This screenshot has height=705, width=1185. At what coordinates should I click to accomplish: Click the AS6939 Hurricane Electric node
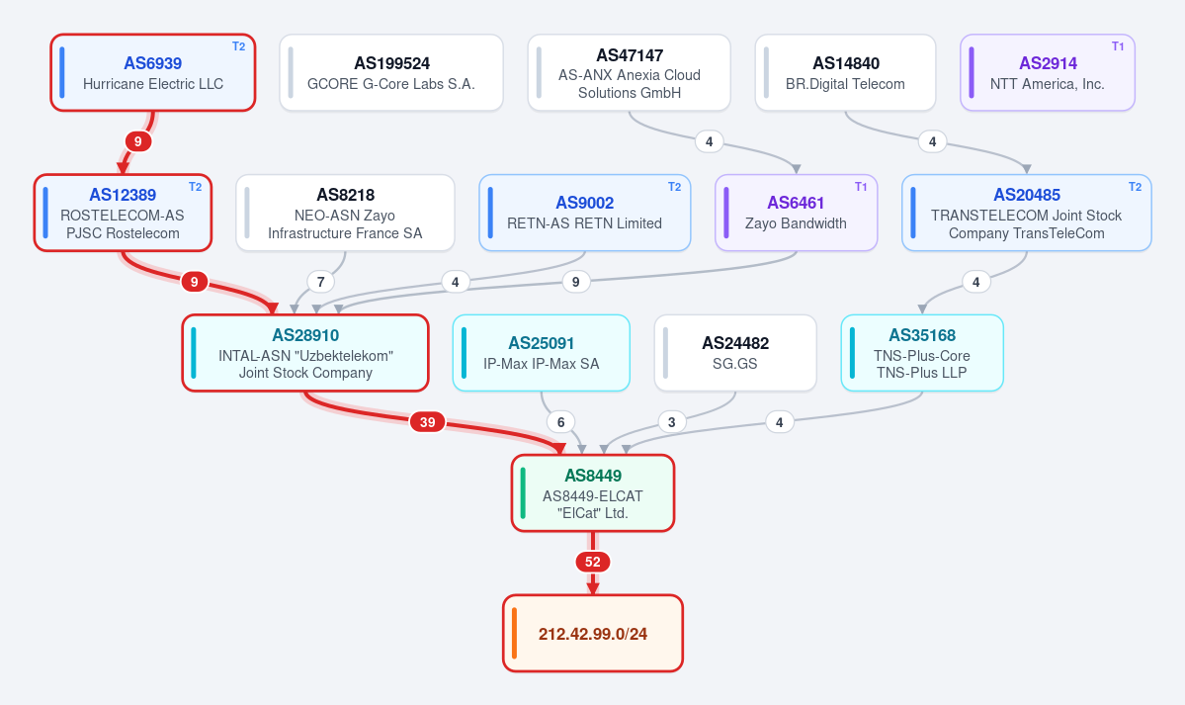(x=152, y=72)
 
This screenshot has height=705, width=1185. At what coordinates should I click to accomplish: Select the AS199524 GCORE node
(x=390, y=72)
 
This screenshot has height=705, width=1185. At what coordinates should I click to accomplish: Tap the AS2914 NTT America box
(x=1048, y=72)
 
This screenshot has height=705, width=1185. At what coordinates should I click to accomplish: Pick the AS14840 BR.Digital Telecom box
(x=845, y=72)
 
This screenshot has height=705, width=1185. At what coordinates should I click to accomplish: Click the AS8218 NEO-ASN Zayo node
(x=345, y=213)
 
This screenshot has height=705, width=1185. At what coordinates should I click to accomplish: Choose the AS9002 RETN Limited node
(x=585, y=213)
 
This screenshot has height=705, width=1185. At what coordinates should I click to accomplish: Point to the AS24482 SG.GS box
(x=735, y=352)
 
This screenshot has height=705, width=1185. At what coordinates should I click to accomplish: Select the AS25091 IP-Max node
(x=542, y=352)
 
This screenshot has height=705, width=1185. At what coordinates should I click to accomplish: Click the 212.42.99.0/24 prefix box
(x=593, y=633)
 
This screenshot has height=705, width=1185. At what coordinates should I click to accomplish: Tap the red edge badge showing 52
(x=593, y=562)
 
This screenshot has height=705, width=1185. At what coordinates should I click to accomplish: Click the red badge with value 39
(x=428, y=422)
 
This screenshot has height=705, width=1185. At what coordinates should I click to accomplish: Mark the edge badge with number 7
(x=321, y=282)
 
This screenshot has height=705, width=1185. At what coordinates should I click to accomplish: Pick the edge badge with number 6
(x=560, y=422)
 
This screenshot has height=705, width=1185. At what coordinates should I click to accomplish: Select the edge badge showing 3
(x=672, y=422)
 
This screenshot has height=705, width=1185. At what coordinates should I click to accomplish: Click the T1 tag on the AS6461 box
(x=861, y=187)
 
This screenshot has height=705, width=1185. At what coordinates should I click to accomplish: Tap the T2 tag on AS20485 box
(x=1136, y=187)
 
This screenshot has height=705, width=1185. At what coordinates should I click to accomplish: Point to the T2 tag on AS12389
(x=195, y=187)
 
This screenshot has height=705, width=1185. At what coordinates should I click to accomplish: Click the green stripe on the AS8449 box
(x=523, y=492)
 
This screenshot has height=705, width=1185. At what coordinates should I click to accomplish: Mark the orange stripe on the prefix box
(x=515, y=633)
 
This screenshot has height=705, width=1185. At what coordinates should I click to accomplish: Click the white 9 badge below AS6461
(x=576, y=282)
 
